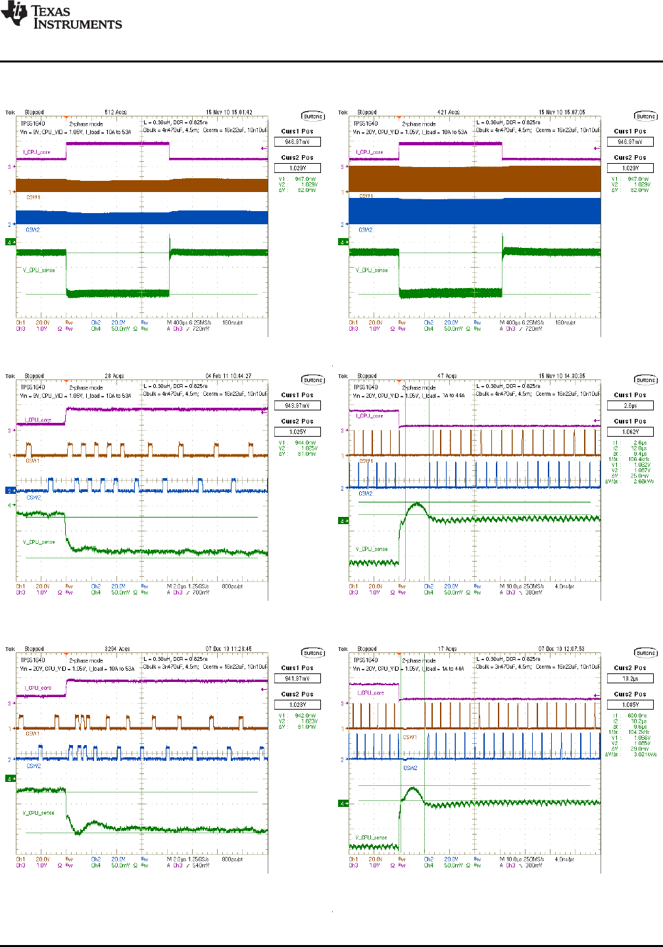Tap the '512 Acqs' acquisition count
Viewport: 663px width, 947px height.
tap(116, 112)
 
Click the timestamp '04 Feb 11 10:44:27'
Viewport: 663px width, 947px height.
tap(228, 376)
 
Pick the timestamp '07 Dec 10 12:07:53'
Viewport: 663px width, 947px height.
tap(561, 649)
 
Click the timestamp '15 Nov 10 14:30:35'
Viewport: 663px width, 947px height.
tap(561, 376)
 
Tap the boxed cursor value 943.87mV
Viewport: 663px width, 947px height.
tap(297, 406)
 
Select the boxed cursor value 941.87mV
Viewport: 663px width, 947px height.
tap(297, 679)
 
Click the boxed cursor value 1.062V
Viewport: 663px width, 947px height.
tap(630, 432)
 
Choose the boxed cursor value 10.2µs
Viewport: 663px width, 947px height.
tap(630, 679)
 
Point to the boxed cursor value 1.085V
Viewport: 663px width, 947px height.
tap(630, 705)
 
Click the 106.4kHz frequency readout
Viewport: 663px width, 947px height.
tap(637, 459)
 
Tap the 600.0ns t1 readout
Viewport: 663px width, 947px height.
tap(637, 716)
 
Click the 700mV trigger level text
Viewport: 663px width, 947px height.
tap(201, 593)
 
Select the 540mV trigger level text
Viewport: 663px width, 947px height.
tap(201, 865)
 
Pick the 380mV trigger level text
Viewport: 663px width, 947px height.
tap(534, 593)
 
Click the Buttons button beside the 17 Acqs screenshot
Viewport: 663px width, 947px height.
tap(646, 653)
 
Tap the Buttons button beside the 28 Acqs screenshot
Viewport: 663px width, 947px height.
tap(313, 380)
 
